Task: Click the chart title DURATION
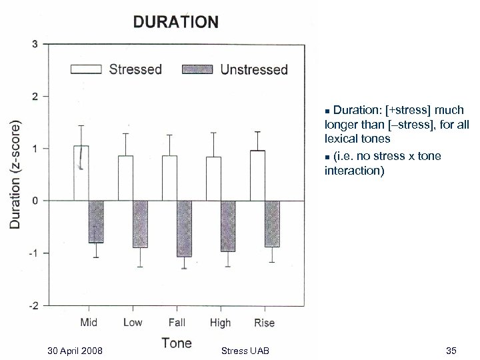[175, 21]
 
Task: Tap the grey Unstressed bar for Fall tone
[184, 228]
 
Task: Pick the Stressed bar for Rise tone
[257, 175]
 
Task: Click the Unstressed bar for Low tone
[140, 223]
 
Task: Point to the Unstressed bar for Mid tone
[96, 221]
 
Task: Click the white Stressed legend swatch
[86, 69]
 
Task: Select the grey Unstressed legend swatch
[198, 69]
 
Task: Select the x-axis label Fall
[177, 323]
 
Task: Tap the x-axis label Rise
[264, 323]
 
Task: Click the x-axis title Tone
[176, 343]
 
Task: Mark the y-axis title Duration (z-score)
[15, 175]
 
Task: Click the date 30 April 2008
[75, 351]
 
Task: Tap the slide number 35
[450, 351]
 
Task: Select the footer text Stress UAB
[249, 351]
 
